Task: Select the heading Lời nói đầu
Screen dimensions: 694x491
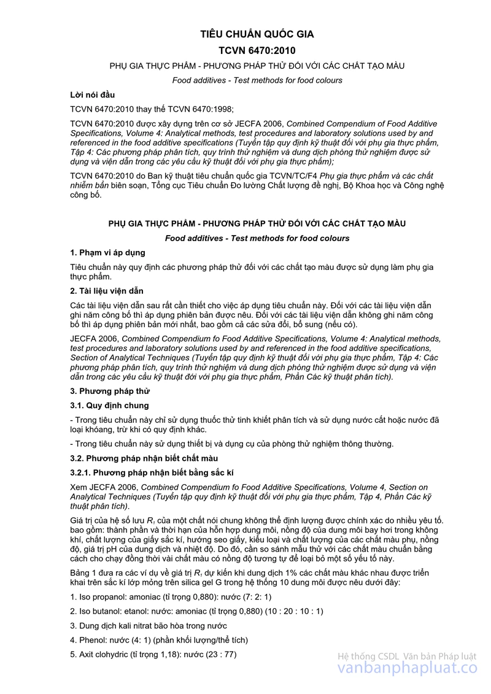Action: pyautogui.click(x=93, y=94)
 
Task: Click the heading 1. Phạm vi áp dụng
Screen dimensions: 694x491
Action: pyautogui.click(x=107, y=253)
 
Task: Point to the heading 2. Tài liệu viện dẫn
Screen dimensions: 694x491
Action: pyautogui.click(x=107, y=290)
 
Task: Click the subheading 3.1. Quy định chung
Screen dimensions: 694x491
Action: pyautogui.click(x=109, y=406)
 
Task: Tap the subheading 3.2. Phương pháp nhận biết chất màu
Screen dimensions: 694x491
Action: pyautogui.click(x=144, y=458)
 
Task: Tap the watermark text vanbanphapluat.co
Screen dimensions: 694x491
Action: pyautogui.click(x=407, y=670)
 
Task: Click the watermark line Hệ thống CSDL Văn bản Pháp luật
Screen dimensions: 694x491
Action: pyautogui.click(x=407, y=657)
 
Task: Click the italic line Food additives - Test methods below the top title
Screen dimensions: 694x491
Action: pyautogui.click(x=257, y=80)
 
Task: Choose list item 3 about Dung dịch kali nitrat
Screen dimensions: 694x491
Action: pyautogui.click(x=149, y=626)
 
